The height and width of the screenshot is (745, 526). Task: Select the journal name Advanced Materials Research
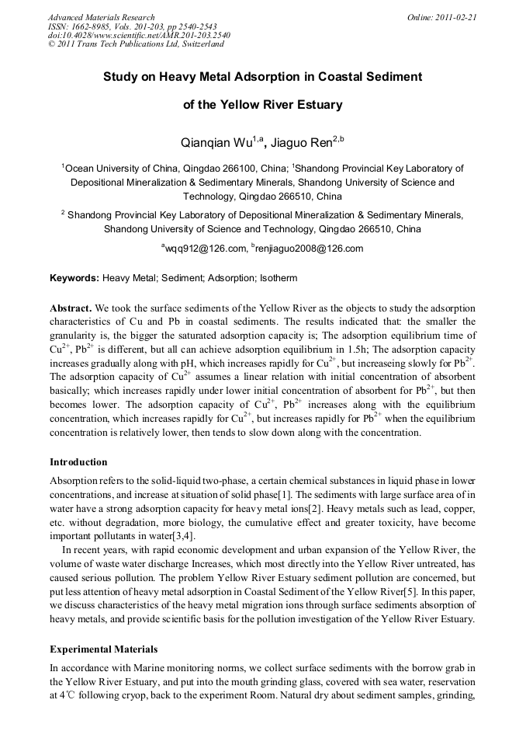point(101,17)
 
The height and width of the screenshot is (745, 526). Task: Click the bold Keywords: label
point(74,277)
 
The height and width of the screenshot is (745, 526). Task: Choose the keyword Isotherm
point(279,277)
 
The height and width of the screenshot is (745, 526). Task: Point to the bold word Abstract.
point(71,308)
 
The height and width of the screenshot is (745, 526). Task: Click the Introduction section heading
point(81,462)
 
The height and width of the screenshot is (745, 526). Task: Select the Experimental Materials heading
point(103,649)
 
